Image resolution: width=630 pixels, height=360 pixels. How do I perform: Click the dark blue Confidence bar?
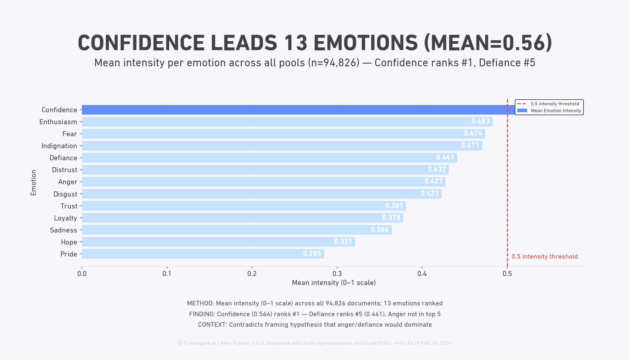pyautogui.click(x=294, y=110)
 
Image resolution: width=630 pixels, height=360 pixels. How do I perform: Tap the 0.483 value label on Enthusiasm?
pyautogui.click(x=480, y=121)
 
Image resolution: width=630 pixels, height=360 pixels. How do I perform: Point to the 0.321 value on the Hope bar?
pyautogui.click(x=343, y=241)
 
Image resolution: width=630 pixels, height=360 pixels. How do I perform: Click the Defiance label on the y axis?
pyautogui.click(x=63, y=158)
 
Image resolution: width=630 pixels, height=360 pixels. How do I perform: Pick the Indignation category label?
pyautogui.click(x=59, y=146)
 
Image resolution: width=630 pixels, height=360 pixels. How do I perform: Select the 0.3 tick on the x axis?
pyautogui.click(x=337, y=274)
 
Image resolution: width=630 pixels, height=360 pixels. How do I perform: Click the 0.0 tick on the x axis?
pyautogui.click(x=82, y=274)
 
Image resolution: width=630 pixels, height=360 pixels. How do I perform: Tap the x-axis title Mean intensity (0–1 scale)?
pyautogui.click(x=334, y=283)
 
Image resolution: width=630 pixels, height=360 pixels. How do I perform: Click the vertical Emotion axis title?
pyautogui.click(x=33, y=182)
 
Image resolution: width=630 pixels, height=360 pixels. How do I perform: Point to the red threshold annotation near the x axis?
pyautogui.click(x=544, y=256)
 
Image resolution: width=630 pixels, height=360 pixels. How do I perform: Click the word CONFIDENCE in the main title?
pyautogui.click(x=141, y=43)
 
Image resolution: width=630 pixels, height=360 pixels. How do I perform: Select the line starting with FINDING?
pyautogui.click(x=315, y=314)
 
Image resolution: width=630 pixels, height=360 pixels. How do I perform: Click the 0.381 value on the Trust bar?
pyautogui.click(x=394, y=205)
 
